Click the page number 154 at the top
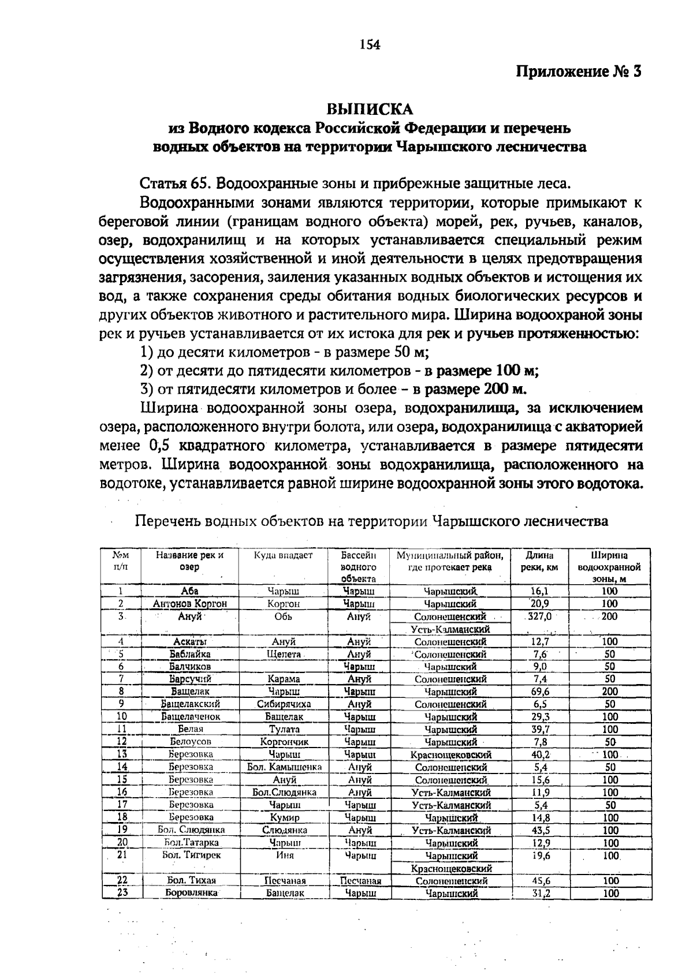370,44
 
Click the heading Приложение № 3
578,72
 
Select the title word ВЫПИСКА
370,109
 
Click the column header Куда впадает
283,555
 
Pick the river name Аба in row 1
189,591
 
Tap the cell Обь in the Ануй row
284,616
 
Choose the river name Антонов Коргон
189,603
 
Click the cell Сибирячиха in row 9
284,704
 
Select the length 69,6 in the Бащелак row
540,691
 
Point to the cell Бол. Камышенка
284,767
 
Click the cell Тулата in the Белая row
284,729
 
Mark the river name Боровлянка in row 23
191,892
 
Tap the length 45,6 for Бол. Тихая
540,880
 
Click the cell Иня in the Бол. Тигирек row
284,855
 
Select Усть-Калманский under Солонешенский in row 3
450,629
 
